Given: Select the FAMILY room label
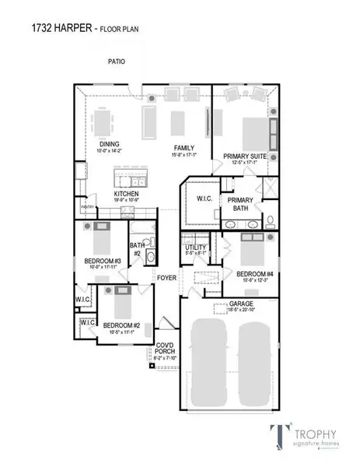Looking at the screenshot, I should click(x=183, y=147).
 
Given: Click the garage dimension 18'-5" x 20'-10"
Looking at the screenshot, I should click(x=241, y=311).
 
